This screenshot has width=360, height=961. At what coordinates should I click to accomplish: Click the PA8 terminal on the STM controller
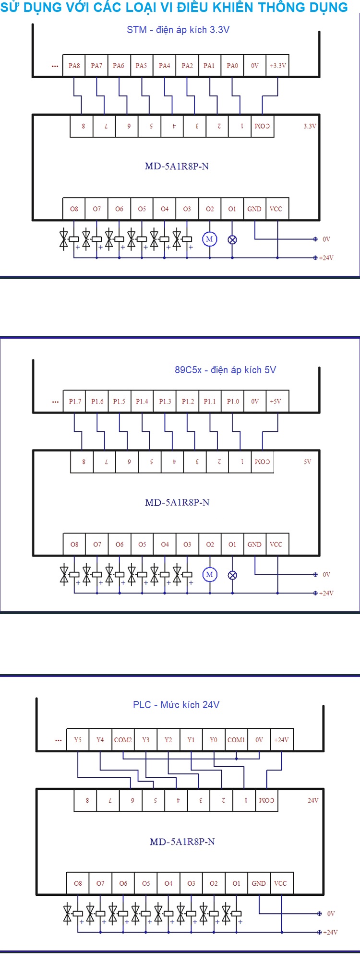tap(74, 66)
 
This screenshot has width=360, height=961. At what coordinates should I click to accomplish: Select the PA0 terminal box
tap(232, 66)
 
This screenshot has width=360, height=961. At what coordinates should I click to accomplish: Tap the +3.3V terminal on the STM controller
tap(277, 66)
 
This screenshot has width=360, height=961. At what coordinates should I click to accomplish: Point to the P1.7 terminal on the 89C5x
tap(75, 401)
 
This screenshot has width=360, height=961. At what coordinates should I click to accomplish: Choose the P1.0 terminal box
tap(233, 401)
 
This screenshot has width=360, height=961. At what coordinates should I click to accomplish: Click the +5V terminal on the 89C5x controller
tap(276, 401)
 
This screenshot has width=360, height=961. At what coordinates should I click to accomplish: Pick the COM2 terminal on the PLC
tap(123, 740)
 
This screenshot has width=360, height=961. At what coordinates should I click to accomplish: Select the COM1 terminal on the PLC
tap(236, 740)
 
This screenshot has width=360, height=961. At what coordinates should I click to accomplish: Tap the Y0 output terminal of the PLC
tap(214, 740)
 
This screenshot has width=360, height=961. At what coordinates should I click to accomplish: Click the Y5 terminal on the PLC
tap(78, 740)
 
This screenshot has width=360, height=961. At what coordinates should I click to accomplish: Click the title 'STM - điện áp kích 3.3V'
tap(178, 30)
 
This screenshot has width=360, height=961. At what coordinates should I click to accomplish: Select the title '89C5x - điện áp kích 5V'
tap(225, 370)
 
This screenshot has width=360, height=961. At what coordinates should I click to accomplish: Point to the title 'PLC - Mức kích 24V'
tap(176, 705)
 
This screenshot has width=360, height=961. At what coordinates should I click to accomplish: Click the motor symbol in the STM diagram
tap(209, 239)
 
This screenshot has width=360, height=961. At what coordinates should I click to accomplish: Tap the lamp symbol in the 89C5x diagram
tap(232, 575)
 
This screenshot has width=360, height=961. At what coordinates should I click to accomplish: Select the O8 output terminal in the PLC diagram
tap(78, 883)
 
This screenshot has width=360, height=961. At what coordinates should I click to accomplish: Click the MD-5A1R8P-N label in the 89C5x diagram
tap(177, 502)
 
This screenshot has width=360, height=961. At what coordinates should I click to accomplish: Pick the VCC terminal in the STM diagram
tap(276, 209)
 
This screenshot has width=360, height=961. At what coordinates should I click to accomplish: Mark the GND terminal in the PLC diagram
tap(259, 883)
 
